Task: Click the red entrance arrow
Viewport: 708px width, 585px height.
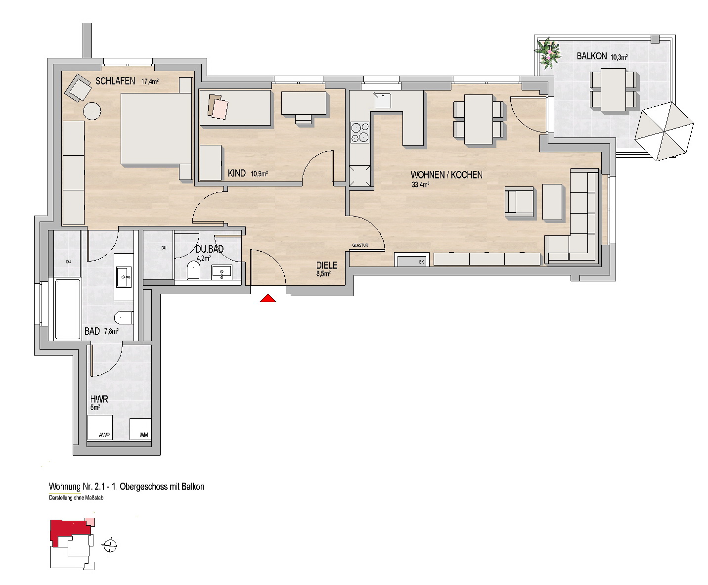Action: (x=268, y=298)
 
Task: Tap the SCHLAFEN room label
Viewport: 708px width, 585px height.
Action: (x=115, y=81)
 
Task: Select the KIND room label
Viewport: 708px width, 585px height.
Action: (x=237, y=173)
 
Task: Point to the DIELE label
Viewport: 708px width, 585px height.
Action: (x=327, y=265)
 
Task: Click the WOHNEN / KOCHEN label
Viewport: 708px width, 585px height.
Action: (x=446, y=175)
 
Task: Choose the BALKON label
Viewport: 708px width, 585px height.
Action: (x=592, y=56)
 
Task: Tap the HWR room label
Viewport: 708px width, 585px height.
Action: (x=99, y=399)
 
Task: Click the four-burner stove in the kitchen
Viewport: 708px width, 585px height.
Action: (x=360, y=132)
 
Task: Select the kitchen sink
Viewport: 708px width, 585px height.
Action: (x=383, y=101)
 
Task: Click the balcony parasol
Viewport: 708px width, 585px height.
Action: (x=664, y=132)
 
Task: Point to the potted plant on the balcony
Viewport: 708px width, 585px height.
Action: (x=547, y=53)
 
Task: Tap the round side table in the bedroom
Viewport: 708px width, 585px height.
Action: (x=92, y=111)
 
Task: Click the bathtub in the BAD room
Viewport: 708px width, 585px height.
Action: (x=68, y=309)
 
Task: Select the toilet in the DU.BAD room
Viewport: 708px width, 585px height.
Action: (x=193, y=271)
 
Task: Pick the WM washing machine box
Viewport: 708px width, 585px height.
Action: (x=140, y=429)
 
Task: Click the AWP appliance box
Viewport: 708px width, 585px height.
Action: (x=100, y=428)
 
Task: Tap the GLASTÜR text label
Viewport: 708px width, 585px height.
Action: (x=360, y=245)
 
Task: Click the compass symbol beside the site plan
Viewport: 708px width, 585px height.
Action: (x=110, y=546)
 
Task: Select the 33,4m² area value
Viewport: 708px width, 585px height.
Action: (x=420, y=185)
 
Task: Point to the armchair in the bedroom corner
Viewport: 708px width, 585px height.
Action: (x=78, y=88)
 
